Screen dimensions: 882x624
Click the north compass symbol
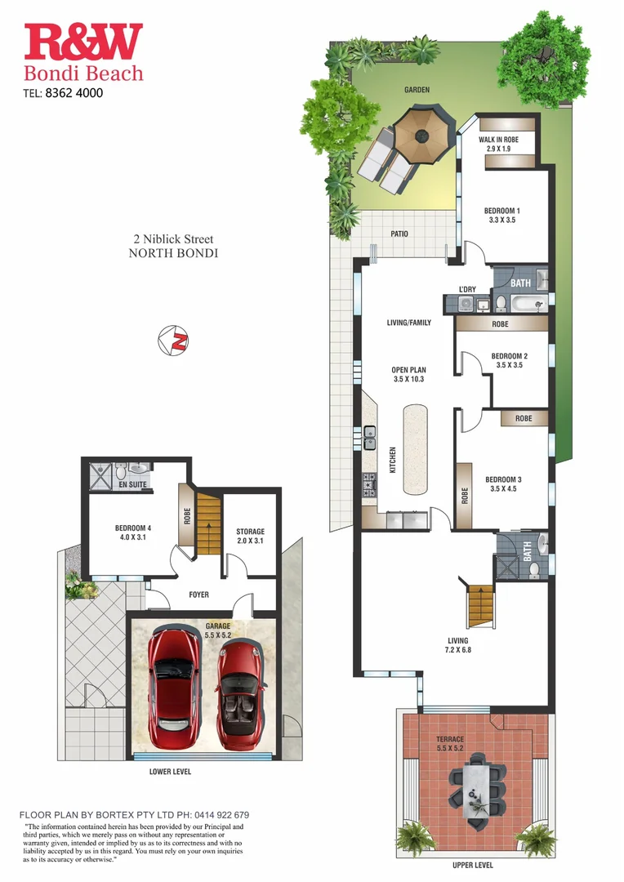click(x=174, y=341)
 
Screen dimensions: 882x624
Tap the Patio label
click(x=399, y=234)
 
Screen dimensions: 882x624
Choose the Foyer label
click(x=198, y=595)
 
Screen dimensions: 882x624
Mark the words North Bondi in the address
click(x=173, y=253)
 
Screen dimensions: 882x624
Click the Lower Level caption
click(x=171, y=771)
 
